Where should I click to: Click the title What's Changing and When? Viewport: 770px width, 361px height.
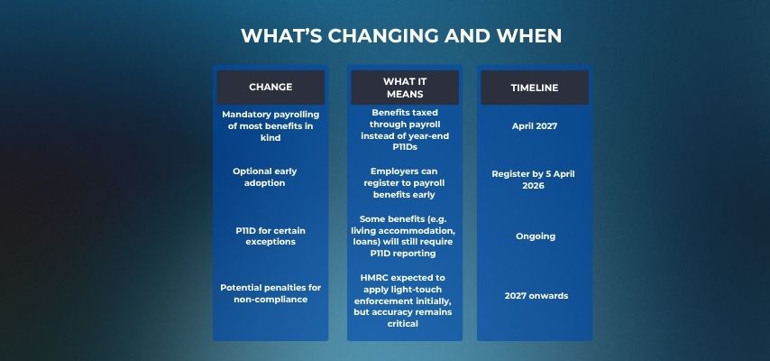coord(401,36)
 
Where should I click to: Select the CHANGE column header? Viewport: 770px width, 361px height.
coord(270,87)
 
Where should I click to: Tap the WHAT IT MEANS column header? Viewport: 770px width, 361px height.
coord(405,88)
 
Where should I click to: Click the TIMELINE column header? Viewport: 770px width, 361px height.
coord(535,88)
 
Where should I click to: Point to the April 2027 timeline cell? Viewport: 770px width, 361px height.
coord(535,126)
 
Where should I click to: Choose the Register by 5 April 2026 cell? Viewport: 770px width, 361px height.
coord(533,180)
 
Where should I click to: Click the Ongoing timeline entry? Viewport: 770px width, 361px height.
coord(536,236)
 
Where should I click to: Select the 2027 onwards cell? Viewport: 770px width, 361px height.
coord(536,296)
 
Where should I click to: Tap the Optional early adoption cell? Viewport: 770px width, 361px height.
coord(265,177)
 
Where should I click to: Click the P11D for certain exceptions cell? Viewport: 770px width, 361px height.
coord(270,236)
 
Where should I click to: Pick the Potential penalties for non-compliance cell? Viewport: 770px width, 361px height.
coord(270,293)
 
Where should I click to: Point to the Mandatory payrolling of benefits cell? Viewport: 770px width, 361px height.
coord(270,126)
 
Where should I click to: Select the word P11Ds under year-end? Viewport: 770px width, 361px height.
coord(405,147)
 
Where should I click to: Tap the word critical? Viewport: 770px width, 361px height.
coord(403,324)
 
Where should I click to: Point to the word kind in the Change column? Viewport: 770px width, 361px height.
coord(270,138)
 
